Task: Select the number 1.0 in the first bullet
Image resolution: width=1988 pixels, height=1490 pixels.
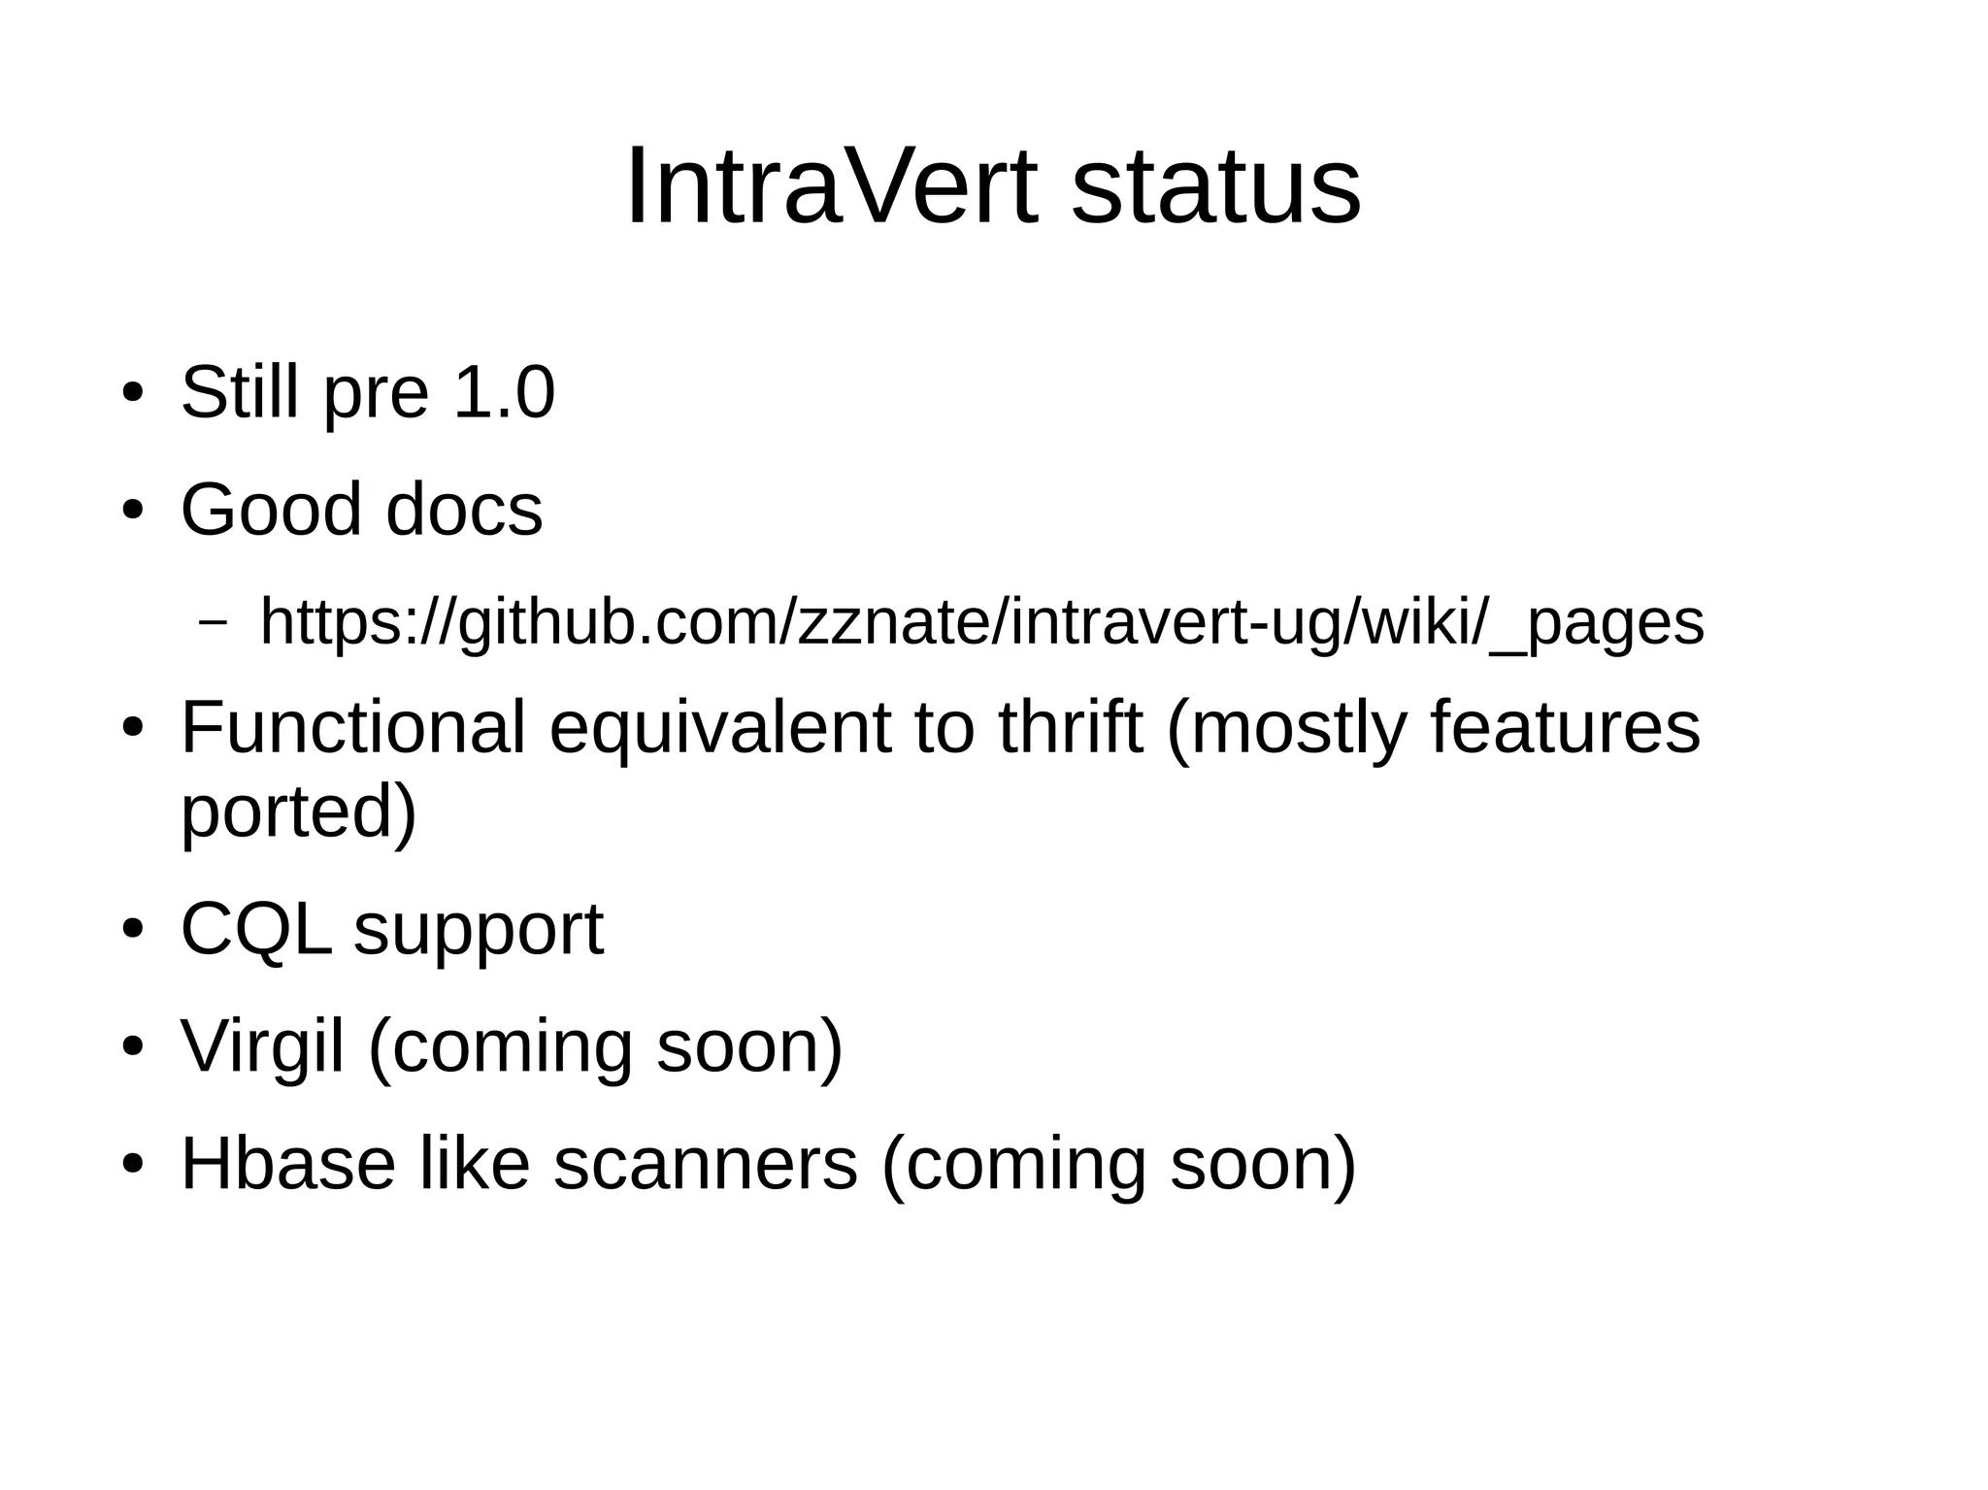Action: tap(504, 392)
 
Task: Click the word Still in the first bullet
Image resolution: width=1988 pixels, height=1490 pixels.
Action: tap(240, 392)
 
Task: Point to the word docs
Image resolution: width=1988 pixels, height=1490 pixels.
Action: tap(464, 510)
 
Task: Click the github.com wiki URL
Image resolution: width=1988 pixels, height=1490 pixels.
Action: tap(981, 622)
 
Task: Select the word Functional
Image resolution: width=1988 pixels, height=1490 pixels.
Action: tap(353, 727)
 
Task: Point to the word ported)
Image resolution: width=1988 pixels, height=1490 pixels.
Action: tap(299, 813)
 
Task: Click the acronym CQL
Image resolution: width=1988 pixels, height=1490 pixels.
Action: tap(255, 930)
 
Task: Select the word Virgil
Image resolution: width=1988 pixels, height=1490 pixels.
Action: tap(263, 1048)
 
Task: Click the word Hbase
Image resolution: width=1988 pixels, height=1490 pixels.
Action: tap(288, 1164)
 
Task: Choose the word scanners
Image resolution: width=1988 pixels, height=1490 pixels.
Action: tap(706, 1164)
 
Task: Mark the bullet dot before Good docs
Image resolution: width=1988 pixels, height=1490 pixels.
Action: tap(133, 511)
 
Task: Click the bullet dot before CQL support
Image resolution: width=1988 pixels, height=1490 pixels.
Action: tap(133, 929)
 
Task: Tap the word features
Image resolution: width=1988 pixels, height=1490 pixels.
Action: tap(1565, 727)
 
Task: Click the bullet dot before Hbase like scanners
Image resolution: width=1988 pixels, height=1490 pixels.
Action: tap(133, 1164)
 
